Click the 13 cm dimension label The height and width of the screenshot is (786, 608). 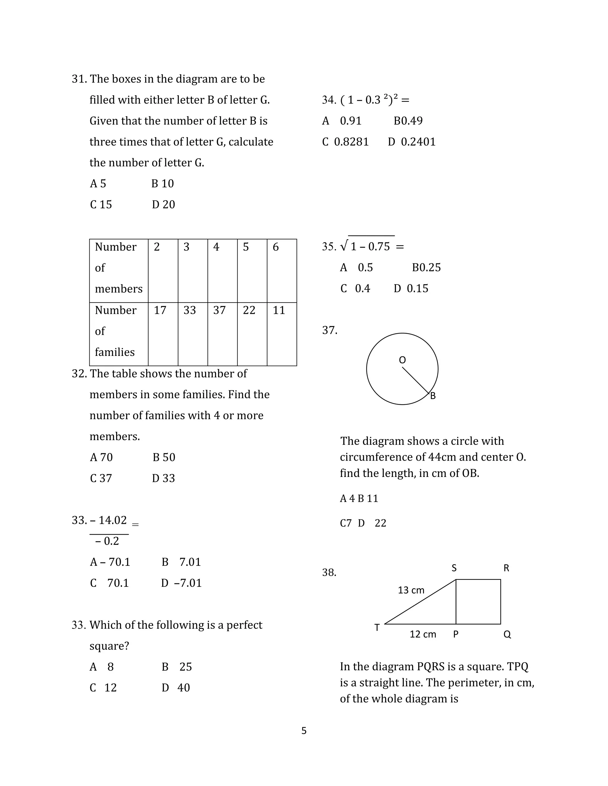(x=411, y=590)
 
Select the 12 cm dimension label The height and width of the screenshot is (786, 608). (x=422, y=634)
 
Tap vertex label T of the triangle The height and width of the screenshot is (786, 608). (x=377, y=628)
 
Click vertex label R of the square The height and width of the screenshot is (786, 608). (x=506, y=568)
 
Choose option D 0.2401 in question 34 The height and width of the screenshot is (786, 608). (x=412, y=142)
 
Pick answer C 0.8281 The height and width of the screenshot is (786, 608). (x=346, y=142)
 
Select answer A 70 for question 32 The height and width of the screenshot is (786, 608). (x=101, y=457)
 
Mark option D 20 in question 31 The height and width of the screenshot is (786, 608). (x=163, y=205)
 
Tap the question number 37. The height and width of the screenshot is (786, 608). (x=330, y=330)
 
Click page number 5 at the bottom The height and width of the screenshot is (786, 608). (x=304, y=731)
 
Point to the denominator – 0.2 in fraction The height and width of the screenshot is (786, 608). (x=107, y=541)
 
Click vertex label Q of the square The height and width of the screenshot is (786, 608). (x=507, y=634)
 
